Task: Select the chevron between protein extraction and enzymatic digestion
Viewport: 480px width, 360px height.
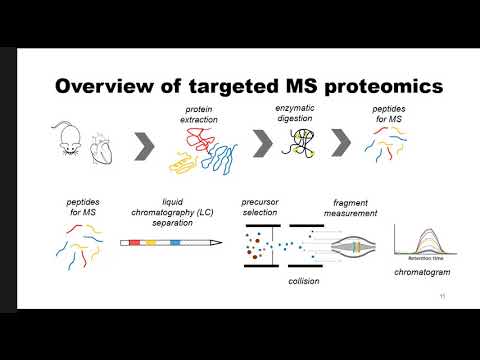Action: coord(263,145)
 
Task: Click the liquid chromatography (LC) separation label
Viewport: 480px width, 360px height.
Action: coord(165,212)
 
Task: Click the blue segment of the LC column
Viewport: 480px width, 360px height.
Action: coord(174,243)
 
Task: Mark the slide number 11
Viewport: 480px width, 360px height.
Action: coord(442,297)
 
